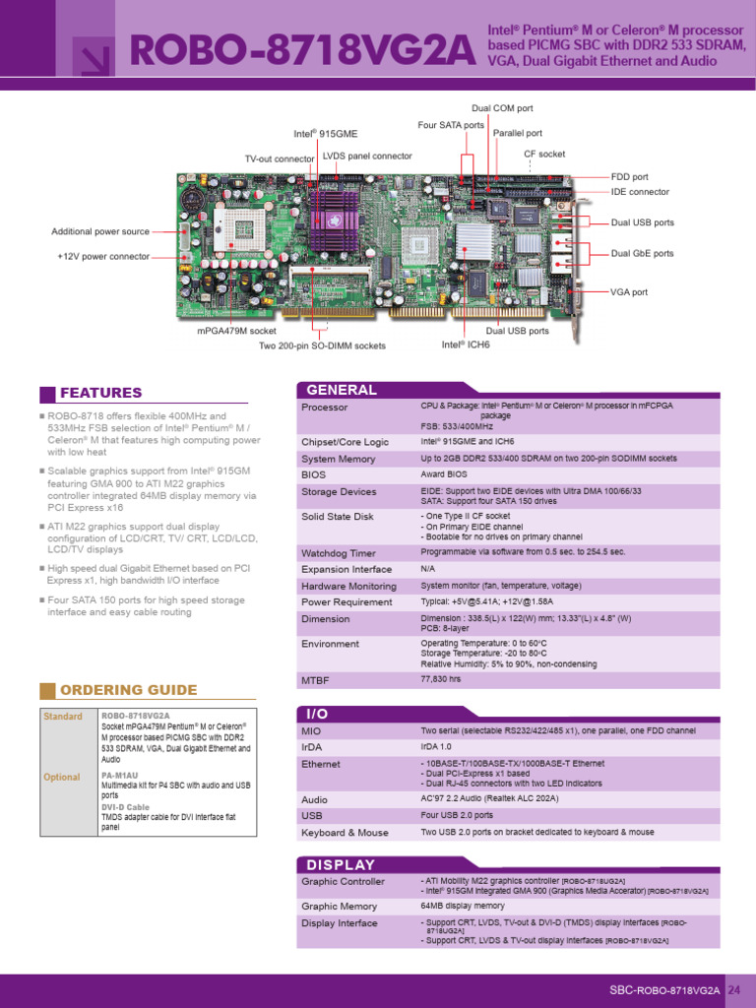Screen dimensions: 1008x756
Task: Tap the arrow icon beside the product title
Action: [x=97, y=62]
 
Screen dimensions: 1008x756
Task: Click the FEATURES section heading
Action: [x=100, y=393]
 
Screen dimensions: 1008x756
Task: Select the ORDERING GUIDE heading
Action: [x=128, y=689]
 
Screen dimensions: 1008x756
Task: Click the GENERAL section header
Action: [x=342, y=390]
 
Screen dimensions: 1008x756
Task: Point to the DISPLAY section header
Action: [x=342, y=864]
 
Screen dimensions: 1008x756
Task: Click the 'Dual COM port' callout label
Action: [x=502, y=108]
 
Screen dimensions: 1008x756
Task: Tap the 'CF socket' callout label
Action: [x=543, y=155]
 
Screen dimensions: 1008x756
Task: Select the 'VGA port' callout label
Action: [x=629, y=292]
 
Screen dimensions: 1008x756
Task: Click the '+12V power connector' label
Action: [x=103, y=256]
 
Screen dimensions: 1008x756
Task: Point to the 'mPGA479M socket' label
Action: [x=236, y=332]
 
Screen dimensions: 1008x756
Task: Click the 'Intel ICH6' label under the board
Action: [x=465, y=345]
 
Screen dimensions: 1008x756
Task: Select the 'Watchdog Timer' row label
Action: [x=339, y=553]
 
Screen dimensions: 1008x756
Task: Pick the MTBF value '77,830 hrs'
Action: [x=441, y=679]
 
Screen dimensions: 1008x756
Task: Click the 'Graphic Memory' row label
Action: [x=339, y=906]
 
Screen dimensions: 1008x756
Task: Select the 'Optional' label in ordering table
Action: [x=62, y=777]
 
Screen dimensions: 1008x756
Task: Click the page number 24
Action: [x=733, y=990]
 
